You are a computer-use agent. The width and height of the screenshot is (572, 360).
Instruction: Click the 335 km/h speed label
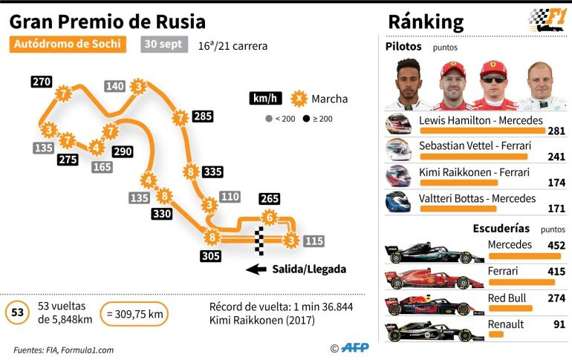212,171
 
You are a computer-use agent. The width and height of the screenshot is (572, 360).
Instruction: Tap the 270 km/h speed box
42,82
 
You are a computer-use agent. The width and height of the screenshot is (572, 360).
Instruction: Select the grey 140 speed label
114,86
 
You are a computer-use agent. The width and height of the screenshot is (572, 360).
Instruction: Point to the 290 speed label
123,151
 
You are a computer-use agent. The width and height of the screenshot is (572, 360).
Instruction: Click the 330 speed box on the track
161,214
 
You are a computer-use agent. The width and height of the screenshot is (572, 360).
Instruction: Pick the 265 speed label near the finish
270,198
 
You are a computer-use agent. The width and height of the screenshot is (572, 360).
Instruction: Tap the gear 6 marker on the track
269,217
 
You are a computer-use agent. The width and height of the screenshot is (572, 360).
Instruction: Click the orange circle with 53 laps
17,313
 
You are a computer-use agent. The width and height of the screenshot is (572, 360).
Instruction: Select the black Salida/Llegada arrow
256,269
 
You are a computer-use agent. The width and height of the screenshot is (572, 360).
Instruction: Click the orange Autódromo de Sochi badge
67,45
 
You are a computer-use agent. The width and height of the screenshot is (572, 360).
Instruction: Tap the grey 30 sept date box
163,45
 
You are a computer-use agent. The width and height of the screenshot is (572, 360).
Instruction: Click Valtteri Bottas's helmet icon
398,203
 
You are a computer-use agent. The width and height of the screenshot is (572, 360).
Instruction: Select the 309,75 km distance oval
134,314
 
